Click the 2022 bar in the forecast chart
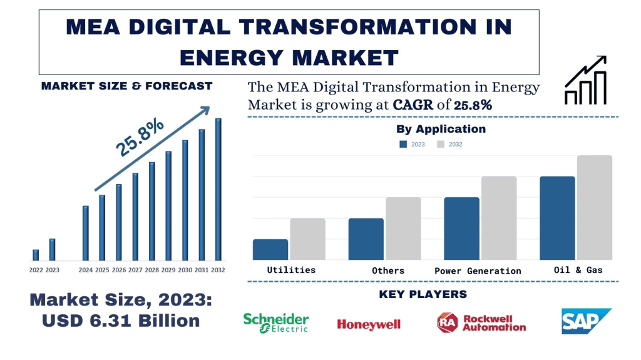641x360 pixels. point(36,255)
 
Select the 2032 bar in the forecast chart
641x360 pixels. point(218,190)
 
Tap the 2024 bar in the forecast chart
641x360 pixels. point(86,233)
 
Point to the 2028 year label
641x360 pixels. point(151,270)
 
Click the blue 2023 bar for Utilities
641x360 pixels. point(270,249)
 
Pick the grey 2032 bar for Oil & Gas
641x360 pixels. point(594,207)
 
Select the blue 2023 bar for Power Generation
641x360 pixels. point(461,229)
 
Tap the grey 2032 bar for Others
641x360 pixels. point(403,229)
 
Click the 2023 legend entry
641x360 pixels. point(413,144)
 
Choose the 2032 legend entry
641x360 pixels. point(449,144)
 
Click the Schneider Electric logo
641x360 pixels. point(276,322)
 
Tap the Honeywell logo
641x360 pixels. point(369,324)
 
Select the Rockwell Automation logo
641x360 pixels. point(481,322)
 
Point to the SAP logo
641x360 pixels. point(586,321)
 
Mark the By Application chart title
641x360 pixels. point(441,129)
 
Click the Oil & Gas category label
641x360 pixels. point(578,270)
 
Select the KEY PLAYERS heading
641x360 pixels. point(423,294)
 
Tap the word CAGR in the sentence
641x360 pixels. point(414,105)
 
